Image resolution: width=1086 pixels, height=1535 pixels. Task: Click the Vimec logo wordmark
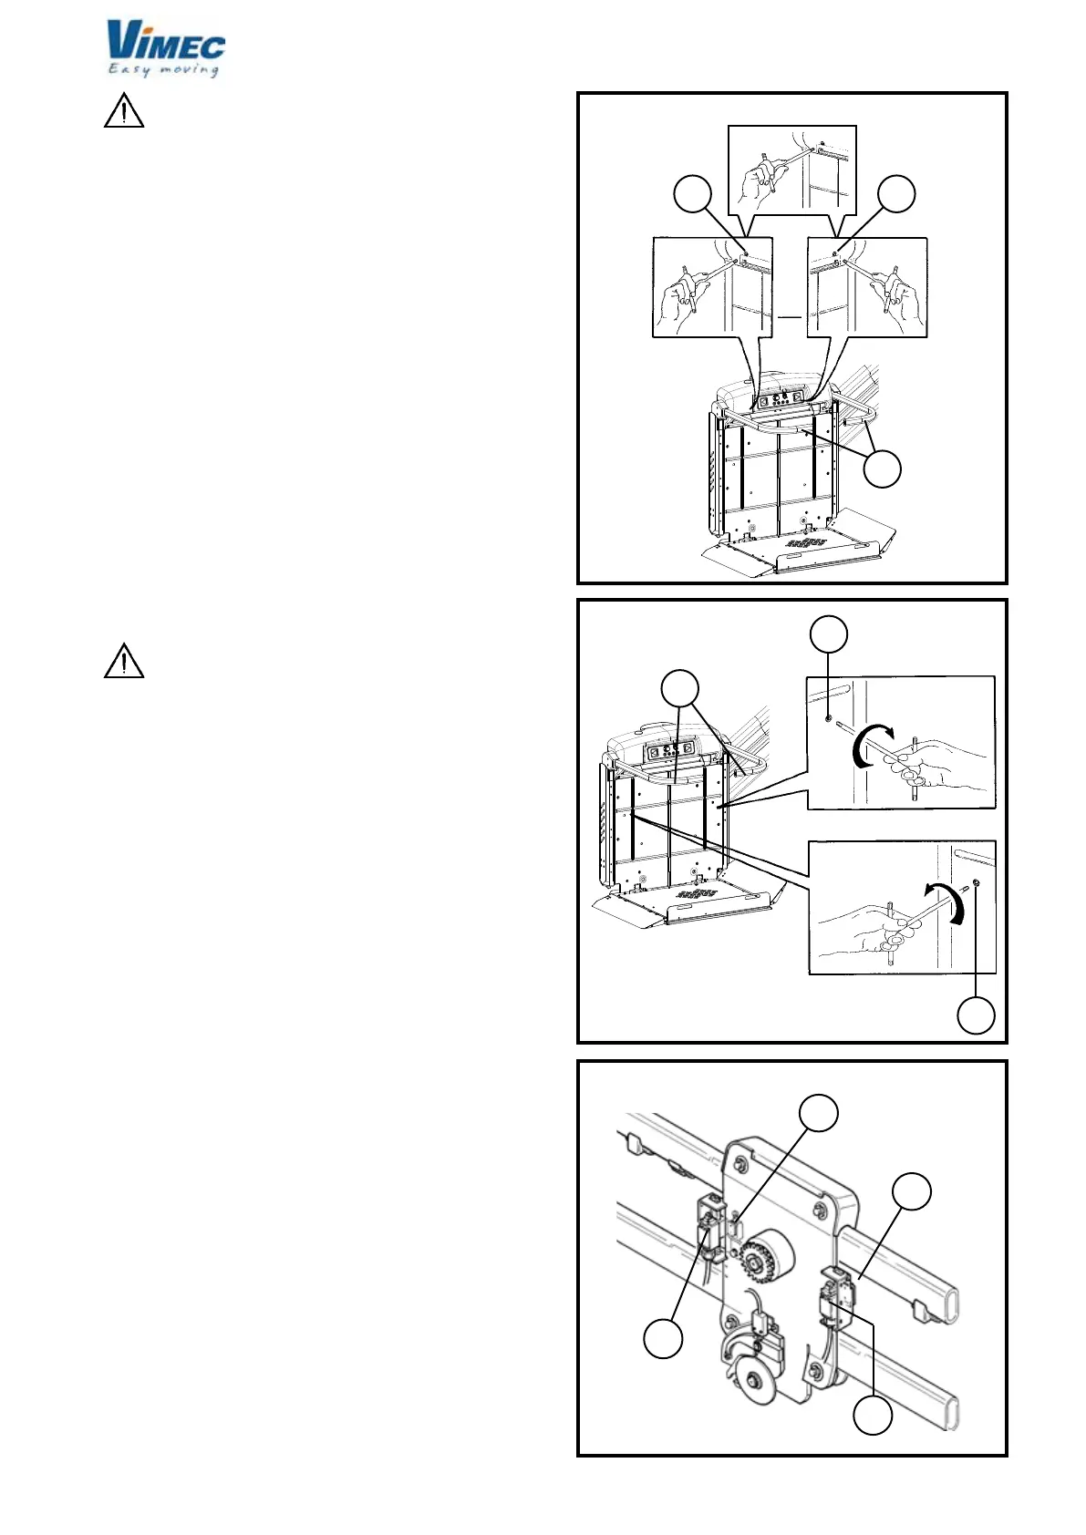[165, 41]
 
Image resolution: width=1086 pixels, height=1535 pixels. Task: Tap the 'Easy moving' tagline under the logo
[164, 69]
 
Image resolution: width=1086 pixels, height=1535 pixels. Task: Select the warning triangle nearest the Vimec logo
[124, 111]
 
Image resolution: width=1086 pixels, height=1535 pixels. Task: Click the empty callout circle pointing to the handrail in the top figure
[883, 469]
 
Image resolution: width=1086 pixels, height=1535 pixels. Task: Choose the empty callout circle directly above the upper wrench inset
[829, 634]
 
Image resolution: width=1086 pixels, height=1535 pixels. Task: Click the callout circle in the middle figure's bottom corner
[976, 1015]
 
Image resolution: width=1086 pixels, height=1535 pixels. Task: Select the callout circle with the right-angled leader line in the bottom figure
[873, 1417]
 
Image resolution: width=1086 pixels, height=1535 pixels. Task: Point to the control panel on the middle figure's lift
[670, 752]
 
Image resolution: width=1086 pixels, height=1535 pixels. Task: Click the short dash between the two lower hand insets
[790, 317]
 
